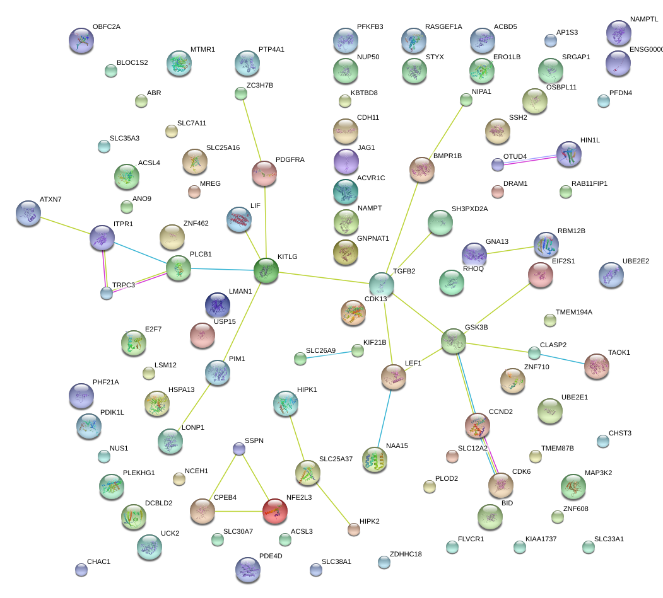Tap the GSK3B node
pyautogui.click(x=454, y=341)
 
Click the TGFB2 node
pyautogui.click(x=382, y=285)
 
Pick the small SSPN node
pyautogui.click(x=239, y=449)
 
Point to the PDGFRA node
pyautogui.click(x=264, y=173)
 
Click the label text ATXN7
pyautogui.click(x=50, y=199)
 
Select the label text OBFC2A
pyautogui.click(x=106, y=26)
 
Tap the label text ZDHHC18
pyautogui.click(x=406, y=554)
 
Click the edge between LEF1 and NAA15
pyautogui.click(x=385, y=416)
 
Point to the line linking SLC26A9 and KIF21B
pyautogui.click(x=329, y=355)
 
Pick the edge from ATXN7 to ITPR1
pyautogui.click(x=66, y=227)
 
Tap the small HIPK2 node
pyautogui.click(x=354, y=529)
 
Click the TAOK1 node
pyautogui.click(x=596, y=367)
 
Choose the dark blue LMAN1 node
pyautogui.click(x=218, y=305)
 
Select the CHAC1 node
pyautogui.click(x=81, y=570)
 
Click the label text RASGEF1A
pyautogui.click(x=443, y=26)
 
